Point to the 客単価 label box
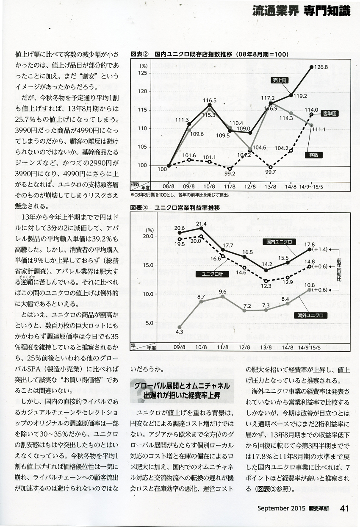pyautogui.click(x=330, y=114)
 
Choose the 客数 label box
pyautogui.click(x=313, y=155)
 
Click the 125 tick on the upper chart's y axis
pyautogui.click(x=142, y=73)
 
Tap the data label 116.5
pyautogui.click(x=210, y=100)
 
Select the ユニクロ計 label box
pyautogui.click(x=210, y=274)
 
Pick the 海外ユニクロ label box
pyautogui.click(x=310, y=315)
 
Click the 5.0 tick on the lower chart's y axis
pyautogui.click(x=146, y=323)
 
